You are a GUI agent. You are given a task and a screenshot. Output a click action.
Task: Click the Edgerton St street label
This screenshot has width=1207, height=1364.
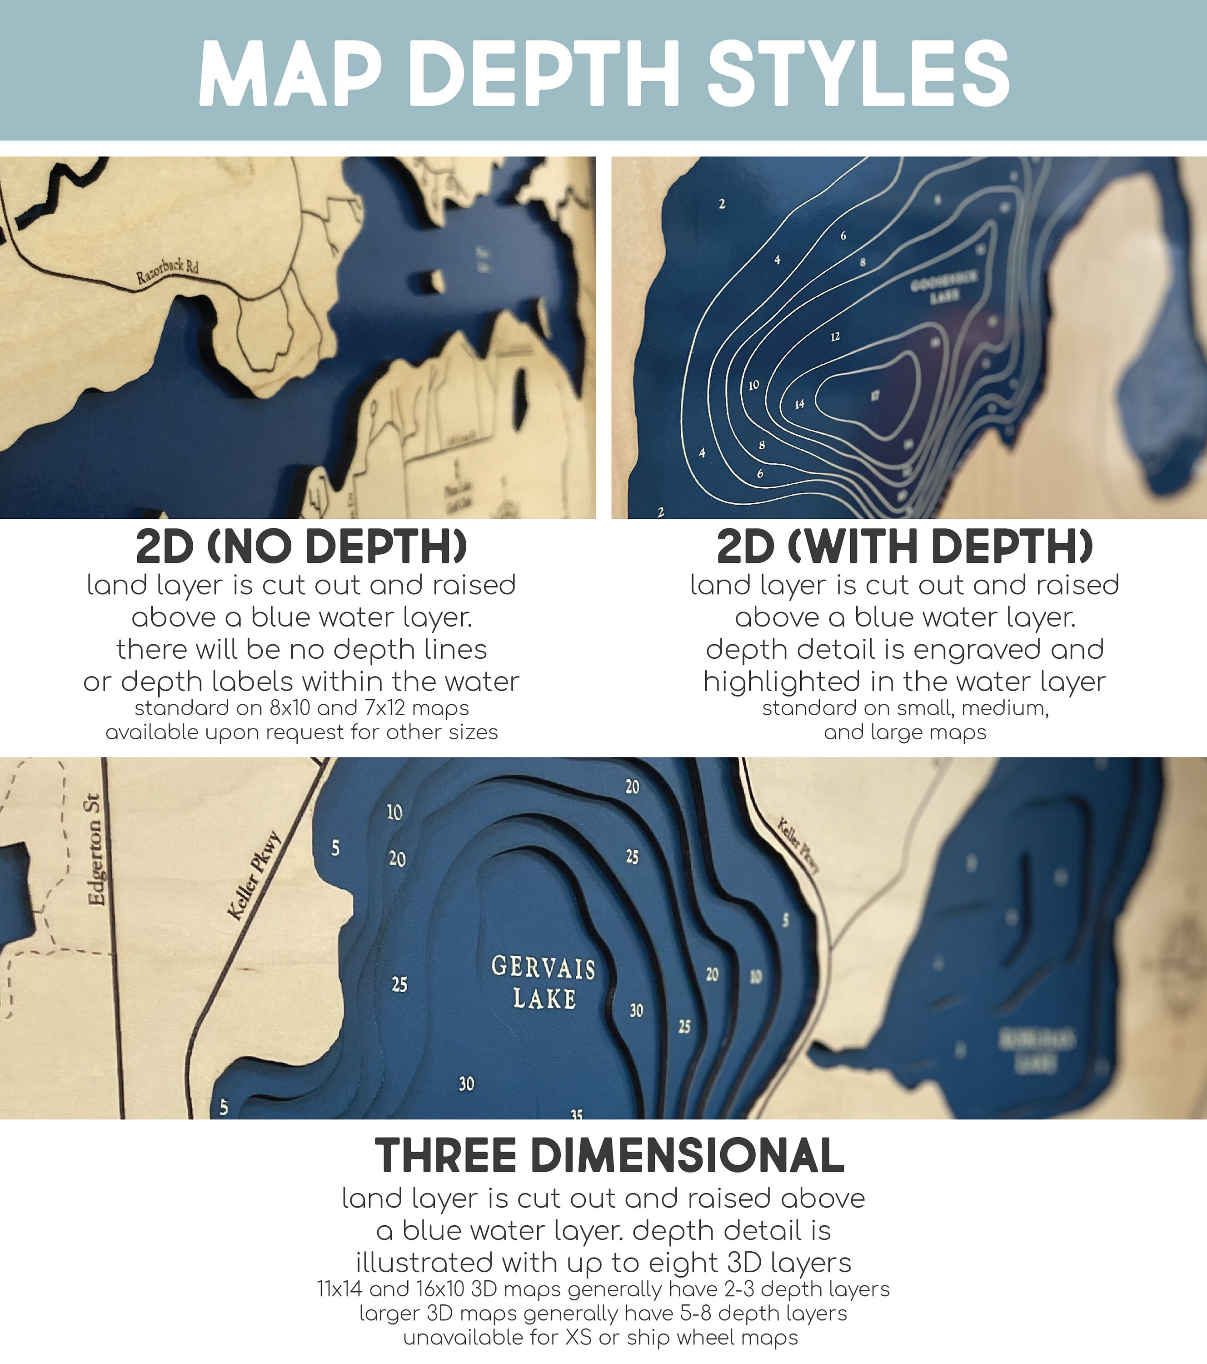click(97, 849)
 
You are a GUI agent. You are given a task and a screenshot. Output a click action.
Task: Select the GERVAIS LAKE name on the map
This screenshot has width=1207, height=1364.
click(544, 982)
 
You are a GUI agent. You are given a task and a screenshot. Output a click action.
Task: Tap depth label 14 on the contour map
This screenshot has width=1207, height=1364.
click(799, 404)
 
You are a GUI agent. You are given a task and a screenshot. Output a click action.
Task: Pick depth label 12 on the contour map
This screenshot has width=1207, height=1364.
click(835, 337)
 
